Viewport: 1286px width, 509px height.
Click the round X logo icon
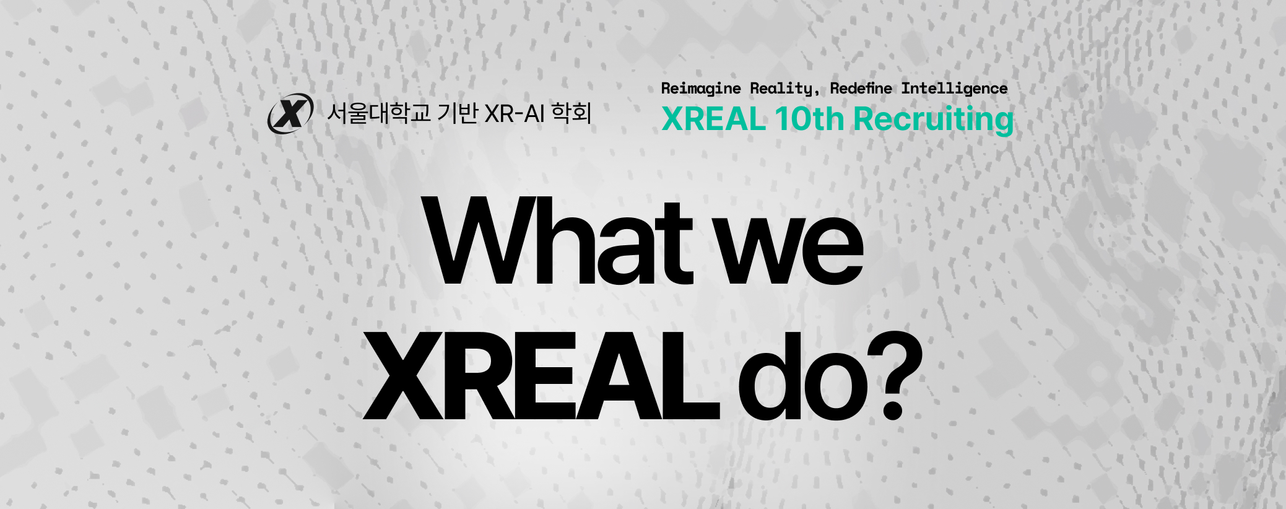coord(290,113)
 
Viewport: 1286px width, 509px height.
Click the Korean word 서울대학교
coord(378,113)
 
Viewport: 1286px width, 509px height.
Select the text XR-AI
coord(515,114)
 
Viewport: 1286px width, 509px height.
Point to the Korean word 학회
coord(571,113)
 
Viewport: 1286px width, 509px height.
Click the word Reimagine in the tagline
coord(701,89)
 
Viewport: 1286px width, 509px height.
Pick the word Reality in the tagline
coord(781,89)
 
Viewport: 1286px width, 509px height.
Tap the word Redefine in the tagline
coord(861,89)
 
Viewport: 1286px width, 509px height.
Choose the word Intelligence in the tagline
coord(954,89)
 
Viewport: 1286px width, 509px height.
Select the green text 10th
coord(809,119)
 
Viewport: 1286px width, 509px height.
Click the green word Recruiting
coord(934,120)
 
